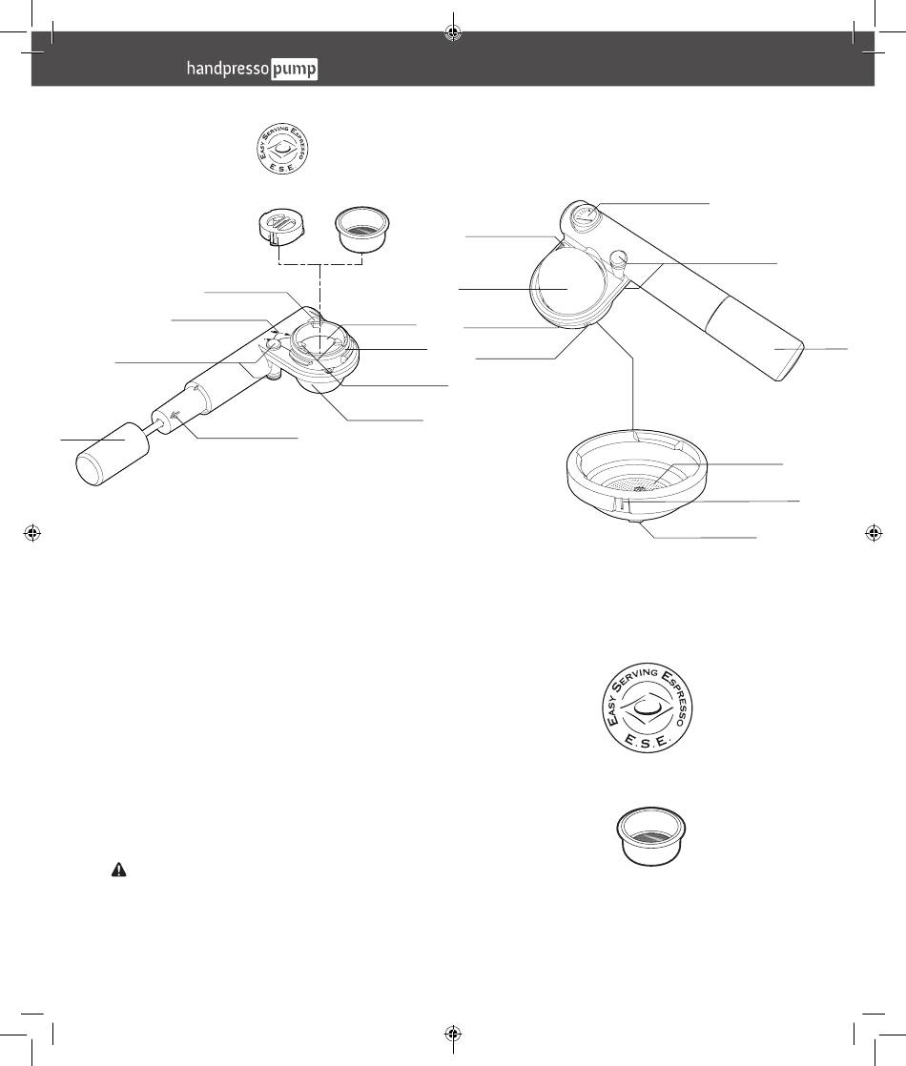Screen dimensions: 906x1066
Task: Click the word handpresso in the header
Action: tap(228, 69)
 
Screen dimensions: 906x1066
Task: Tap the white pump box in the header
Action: tap(294, 70)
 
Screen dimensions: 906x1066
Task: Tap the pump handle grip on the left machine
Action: tap(112, 452)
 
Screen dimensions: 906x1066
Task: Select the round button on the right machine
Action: tap(619, 257)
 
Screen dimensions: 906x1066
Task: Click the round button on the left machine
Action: tap(273, 346)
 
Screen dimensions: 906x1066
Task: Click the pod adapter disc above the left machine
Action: tap(281, 226)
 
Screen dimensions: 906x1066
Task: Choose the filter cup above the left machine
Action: tap(362, 228)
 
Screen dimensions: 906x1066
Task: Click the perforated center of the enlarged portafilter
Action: tap(639, 485)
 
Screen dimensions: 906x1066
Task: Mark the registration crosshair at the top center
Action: tap(453, 31)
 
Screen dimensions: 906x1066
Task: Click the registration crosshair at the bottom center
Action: tap(453, 1034)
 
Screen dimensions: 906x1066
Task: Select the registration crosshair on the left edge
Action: tap(31, 534)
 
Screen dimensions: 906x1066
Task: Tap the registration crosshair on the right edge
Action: tap(874, 534)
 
